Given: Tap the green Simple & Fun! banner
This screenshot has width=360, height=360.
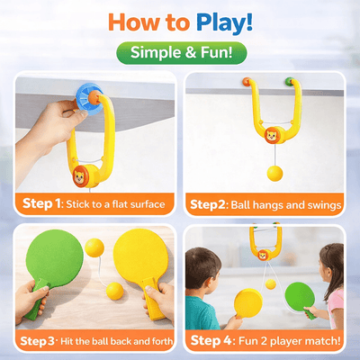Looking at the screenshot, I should tap(180, 52).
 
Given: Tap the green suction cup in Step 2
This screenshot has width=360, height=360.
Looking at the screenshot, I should tap(289, 82).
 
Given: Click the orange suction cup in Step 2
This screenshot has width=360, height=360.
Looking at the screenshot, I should tap(244, 82).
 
